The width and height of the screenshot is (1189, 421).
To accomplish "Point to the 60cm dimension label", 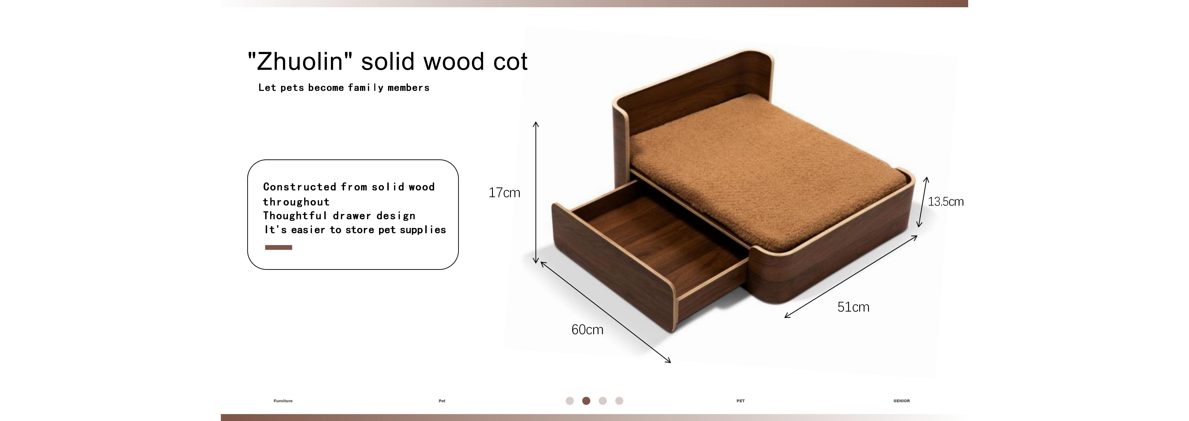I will click(587, 330).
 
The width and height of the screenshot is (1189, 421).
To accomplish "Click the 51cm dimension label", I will click(853, 307).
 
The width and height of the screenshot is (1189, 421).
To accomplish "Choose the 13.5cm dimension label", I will click(946, 202).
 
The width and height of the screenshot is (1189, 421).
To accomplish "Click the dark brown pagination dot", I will click(586, 401).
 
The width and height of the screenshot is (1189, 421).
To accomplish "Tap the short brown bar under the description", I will click(278, 247).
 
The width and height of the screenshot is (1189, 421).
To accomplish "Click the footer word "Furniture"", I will click(283, 401).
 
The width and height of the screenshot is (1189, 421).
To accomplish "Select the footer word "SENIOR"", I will click(901, 401).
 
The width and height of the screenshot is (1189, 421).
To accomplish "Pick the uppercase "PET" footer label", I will click(740, 401).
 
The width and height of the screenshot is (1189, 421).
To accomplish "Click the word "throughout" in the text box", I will click(296, 202).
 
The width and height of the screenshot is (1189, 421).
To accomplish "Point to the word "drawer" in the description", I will click(352, 216).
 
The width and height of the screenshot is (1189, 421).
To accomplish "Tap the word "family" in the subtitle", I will click(366, 88).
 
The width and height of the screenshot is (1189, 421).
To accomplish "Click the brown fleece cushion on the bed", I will click(766, 166).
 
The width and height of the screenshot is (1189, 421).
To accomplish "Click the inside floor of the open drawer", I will click(665, 245).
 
